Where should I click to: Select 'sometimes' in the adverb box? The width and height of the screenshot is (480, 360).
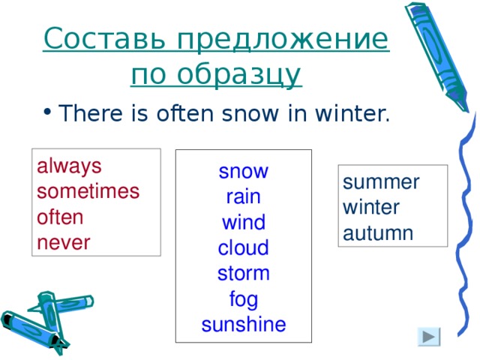point(88,191)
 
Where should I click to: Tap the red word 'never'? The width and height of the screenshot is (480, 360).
point(63,242)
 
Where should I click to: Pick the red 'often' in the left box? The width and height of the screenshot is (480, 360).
point(60,217)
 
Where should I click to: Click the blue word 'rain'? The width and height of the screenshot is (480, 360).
point(244,198)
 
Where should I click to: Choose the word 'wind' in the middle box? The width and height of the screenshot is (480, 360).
point(244,223)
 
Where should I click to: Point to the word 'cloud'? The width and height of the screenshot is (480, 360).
point(244,248)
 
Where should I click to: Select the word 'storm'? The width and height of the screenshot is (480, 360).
point(244,273)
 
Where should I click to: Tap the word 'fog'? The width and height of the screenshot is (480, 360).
point(244,299)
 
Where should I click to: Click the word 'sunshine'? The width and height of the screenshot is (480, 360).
point(244,324)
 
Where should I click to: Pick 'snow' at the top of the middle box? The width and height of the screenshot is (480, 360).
point(244,172)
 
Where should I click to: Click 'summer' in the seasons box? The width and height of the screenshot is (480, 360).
point(381,182)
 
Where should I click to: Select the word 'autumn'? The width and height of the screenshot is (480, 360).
point(378,232)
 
